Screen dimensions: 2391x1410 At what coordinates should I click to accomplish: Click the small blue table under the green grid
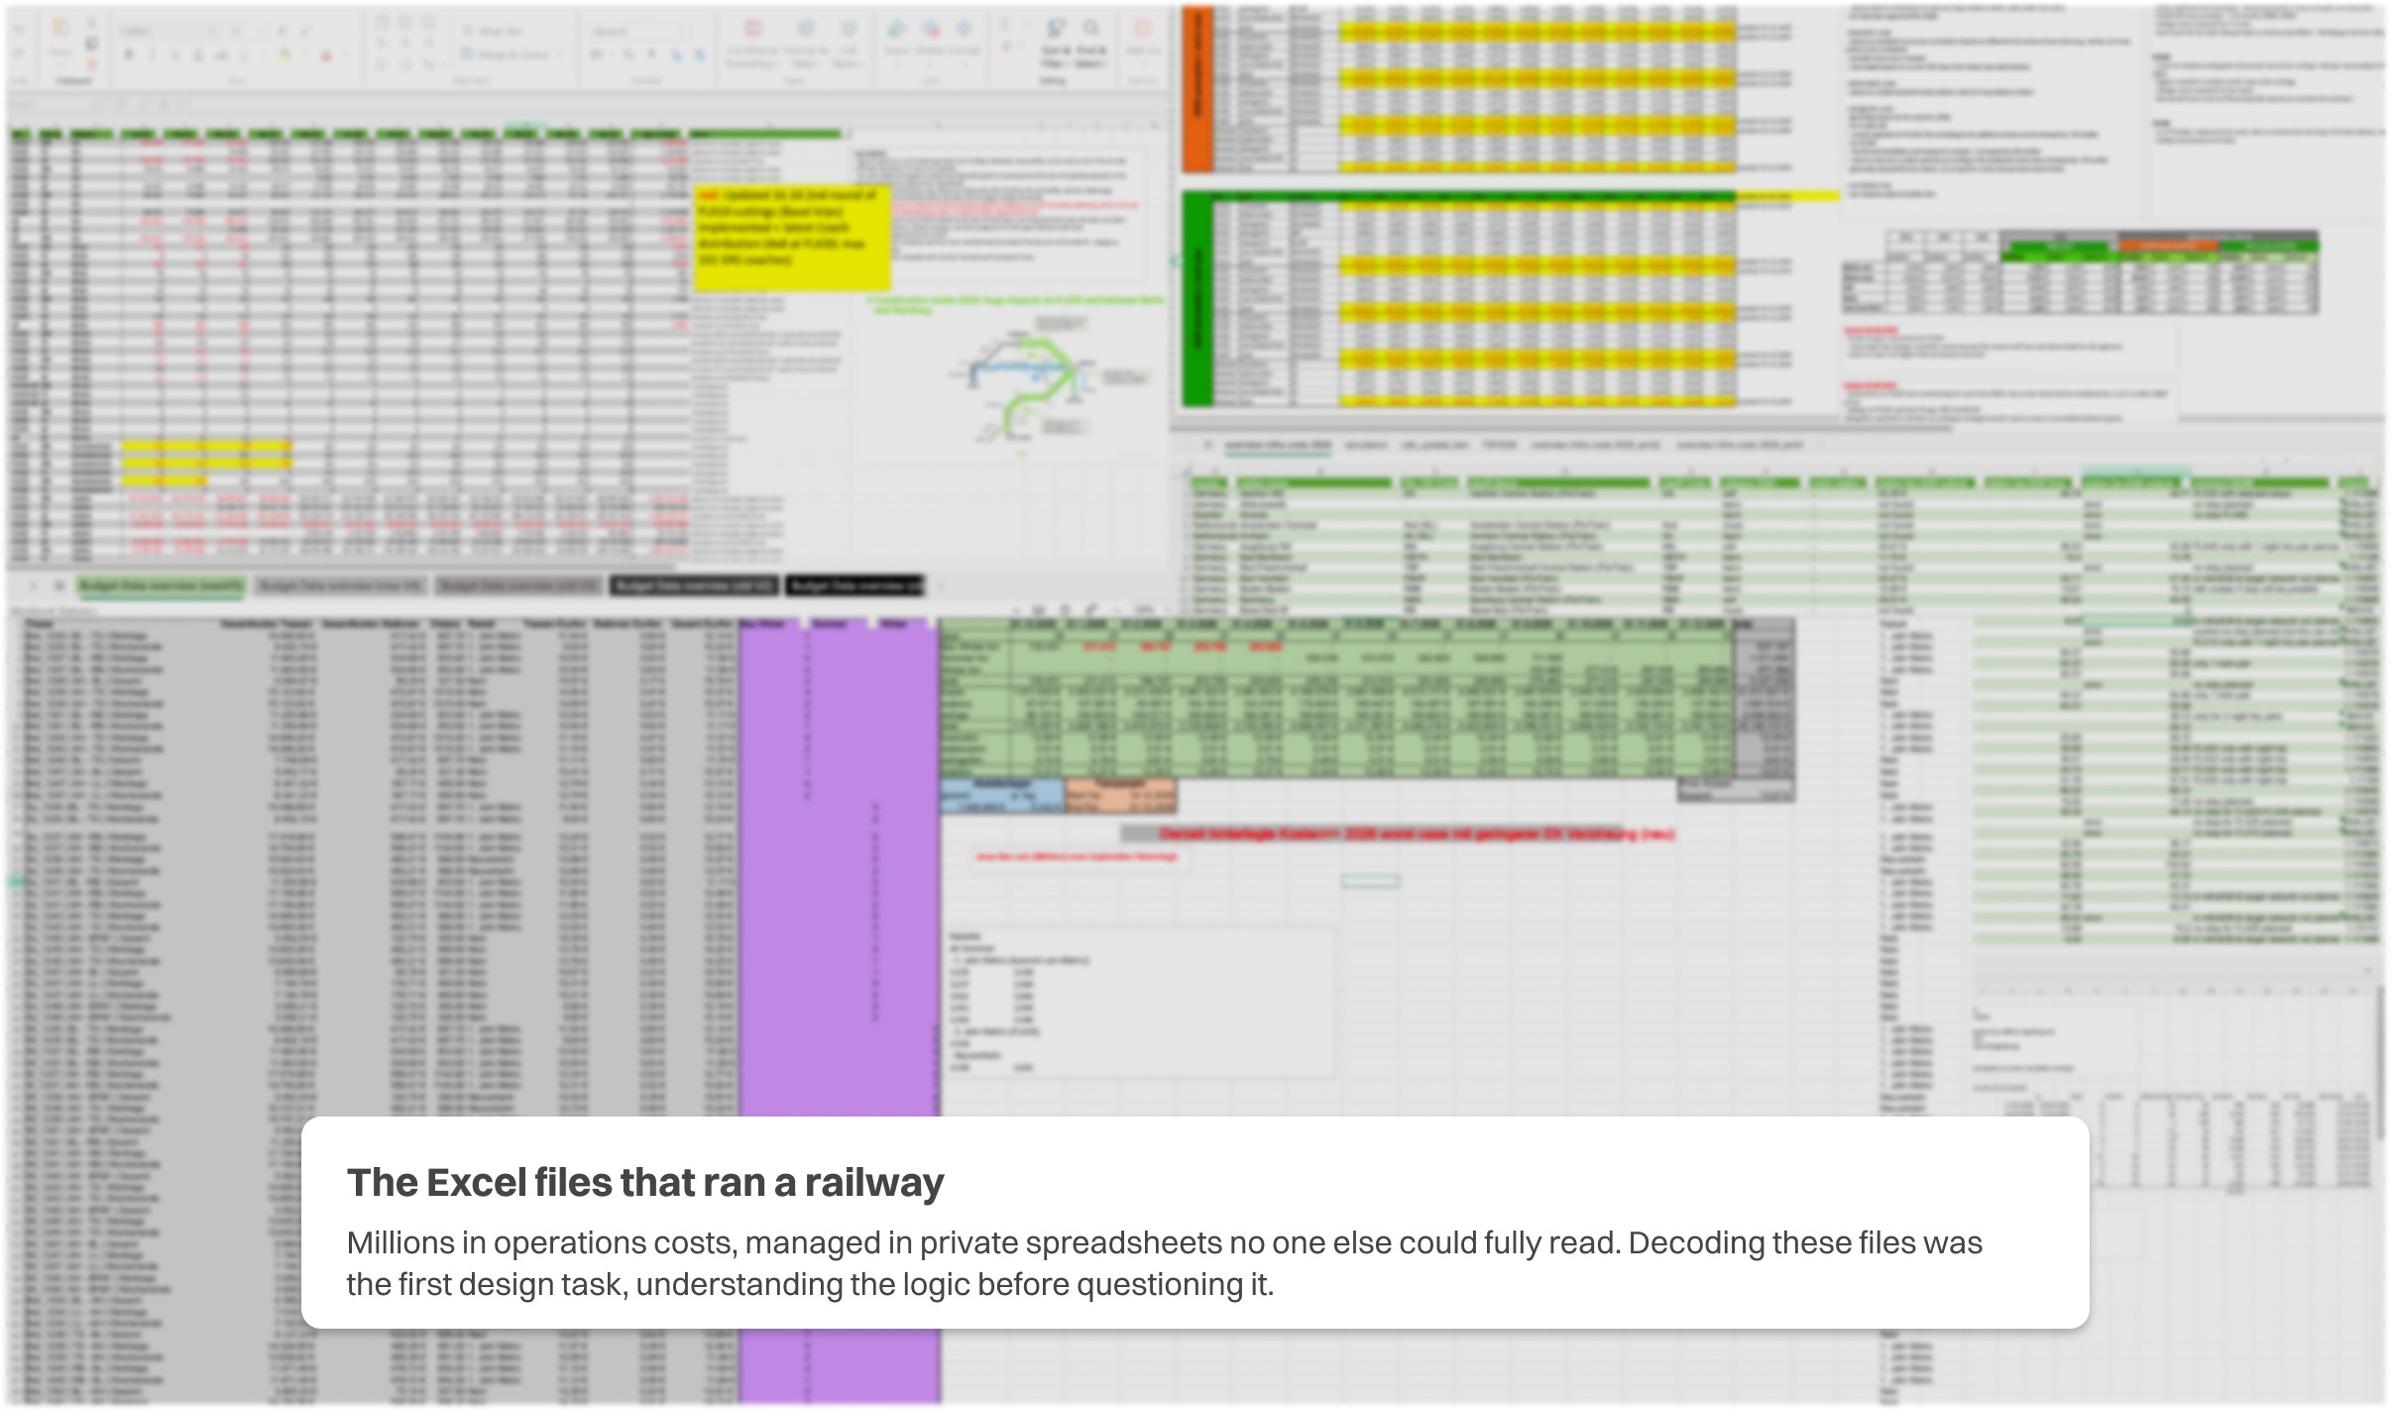coord(1001,795)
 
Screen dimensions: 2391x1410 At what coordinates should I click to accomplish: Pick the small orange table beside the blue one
coord(1120,795)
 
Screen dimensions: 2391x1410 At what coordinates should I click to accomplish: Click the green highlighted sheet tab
coord(161,586)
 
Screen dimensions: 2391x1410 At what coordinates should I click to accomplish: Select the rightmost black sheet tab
coord(854,586)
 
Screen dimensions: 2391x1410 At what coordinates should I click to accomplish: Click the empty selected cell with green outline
coord(1370,881)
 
